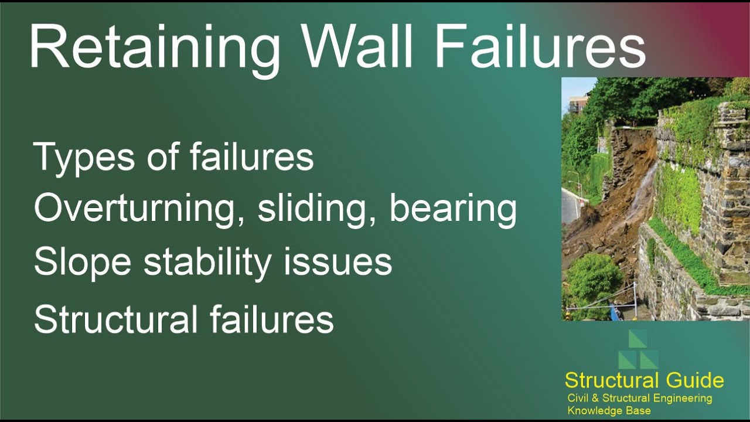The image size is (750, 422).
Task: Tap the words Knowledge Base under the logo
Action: click(609, 411)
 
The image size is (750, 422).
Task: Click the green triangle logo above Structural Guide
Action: click(638, 350)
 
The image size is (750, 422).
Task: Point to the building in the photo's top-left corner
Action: click(577, 104)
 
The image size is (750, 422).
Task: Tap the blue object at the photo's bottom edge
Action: click(613, 314)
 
